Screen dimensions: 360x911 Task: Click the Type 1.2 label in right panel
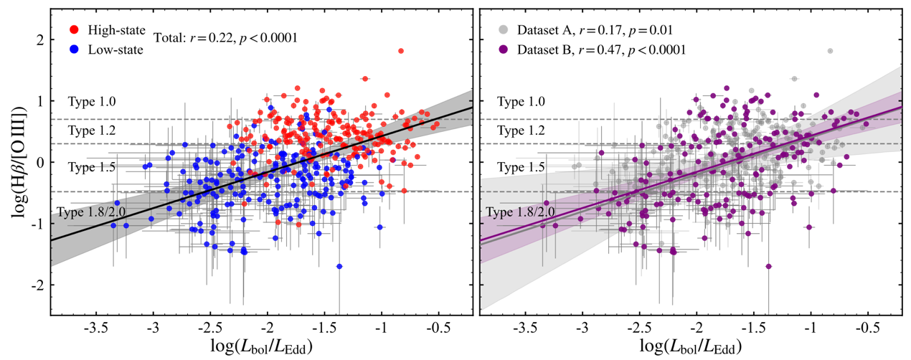coord(521,131)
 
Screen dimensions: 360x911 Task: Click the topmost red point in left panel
coord(400,51)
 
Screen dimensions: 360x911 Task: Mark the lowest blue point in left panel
coord(339,266)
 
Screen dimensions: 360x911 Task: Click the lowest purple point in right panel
coord(768,266)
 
